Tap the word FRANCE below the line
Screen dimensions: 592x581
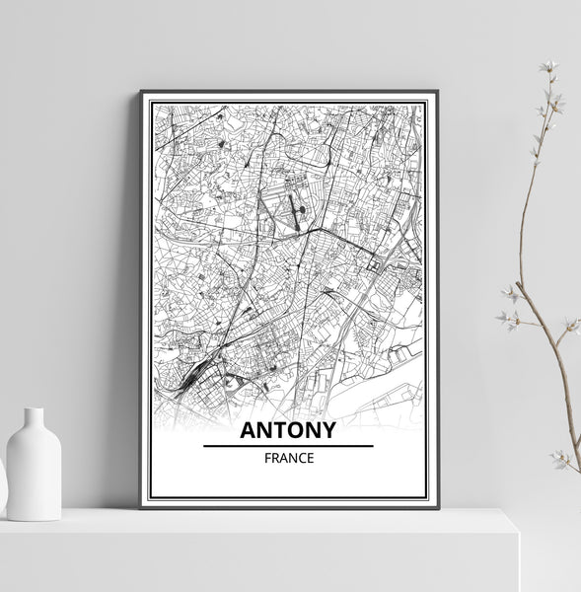pos(288,459)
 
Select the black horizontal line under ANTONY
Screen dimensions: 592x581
pos(288,446)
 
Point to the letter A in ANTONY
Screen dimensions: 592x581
pos(248,430)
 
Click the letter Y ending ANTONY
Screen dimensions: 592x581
pos(327,430)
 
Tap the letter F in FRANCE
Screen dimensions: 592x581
pos(266,459)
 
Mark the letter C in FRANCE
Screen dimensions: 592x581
pos(300,459)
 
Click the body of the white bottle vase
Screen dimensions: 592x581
pos(34,474)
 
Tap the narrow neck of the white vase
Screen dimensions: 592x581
pos(34,418)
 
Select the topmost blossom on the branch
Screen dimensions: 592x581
pos(549,68)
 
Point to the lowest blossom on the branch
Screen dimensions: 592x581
pos(560,459)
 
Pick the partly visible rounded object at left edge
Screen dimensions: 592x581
pos(2,483)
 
